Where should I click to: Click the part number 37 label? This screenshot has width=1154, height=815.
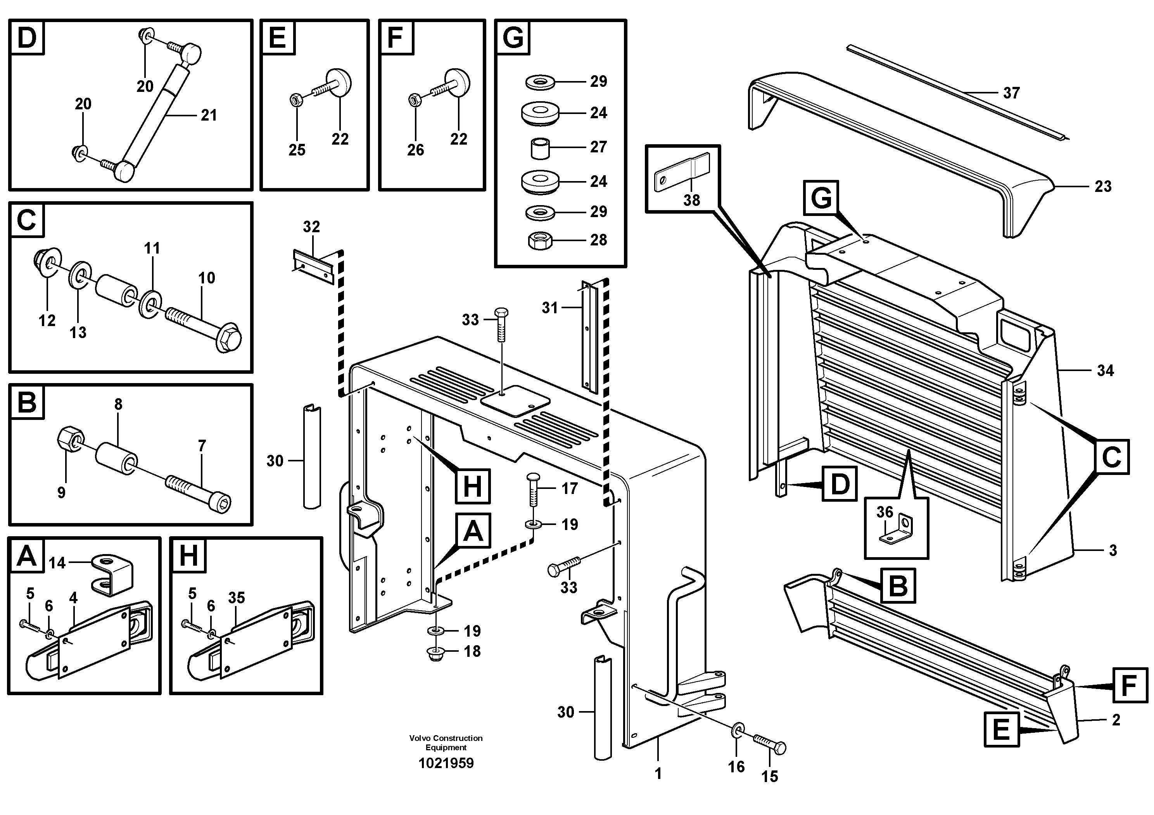tap(1011, 93)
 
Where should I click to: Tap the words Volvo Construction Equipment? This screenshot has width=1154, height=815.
tap(446, 742)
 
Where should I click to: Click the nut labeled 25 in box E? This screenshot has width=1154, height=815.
tap(296, 100)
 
